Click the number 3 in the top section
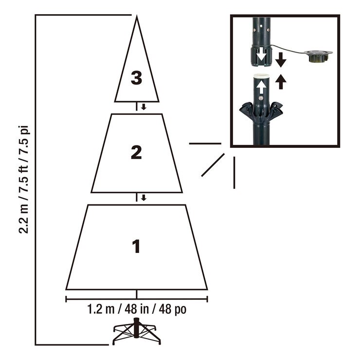click(136, 78)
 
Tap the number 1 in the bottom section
click(136, 246)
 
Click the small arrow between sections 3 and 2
click(144, 107)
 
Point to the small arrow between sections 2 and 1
click(144, 198)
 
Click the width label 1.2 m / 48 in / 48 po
click(137, 309)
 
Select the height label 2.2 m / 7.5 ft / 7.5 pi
click(24, 180)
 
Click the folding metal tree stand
click(137, 331)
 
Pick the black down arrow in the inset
click(281, 60)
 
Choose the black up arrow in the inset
click(281, 82)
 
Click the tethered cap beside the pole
click(318, 56)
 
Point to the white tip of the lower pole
click(262, 76)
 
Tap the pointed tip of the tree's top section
click(137, 16)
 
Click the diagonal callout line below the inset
click(213, 165)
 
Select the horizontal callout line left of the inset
click(205, 144)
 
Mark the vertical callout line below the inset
click(234, 173)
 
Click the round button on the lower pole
click(261, 98)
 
